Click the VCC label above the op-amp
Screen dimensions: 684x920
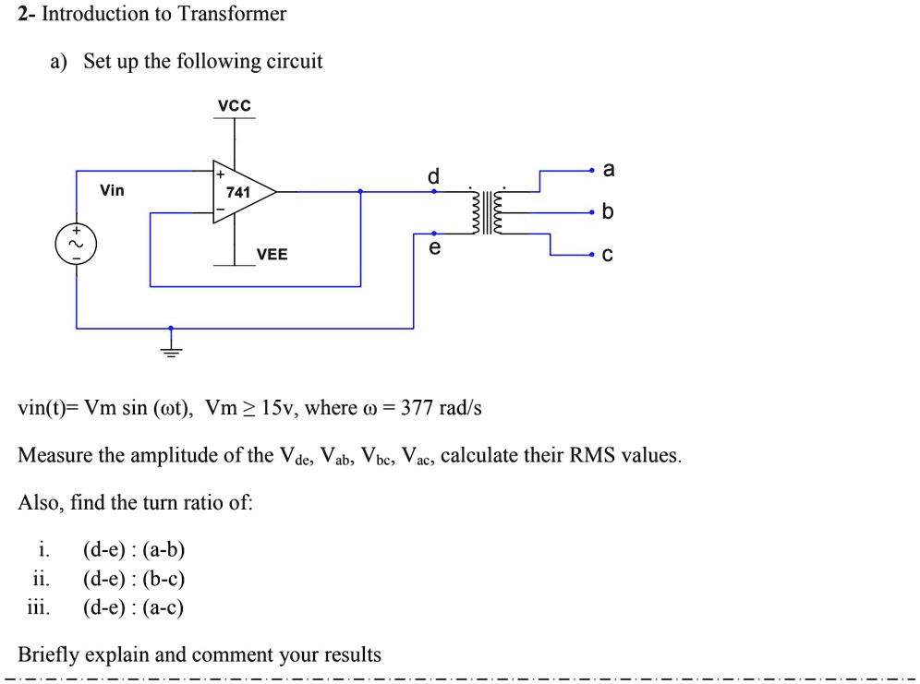(234, 107)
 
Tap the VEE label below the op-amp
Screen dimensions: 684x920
(272, 254)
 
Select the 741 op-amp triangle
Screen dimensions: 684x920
(241, 192)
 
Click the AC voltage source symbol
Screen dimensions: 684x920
(76, 246)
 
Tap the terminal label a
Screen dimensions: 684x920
(607, 170)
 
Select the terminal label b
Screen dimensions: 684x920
(607, 212)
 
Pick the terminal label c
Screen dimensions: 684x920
(607, 256)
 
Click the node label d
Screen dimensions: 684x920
(433, 175)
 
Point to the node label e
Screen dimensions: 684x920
(434, 249)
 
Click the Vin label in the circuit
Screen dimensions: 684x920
(112, 190)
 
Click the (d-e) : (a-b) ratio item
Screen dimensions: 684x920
(134, 551)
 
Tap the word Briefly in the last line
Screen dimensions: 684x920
(51, 655)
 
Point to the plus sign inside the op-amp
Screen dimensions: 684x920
(220, 173)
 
